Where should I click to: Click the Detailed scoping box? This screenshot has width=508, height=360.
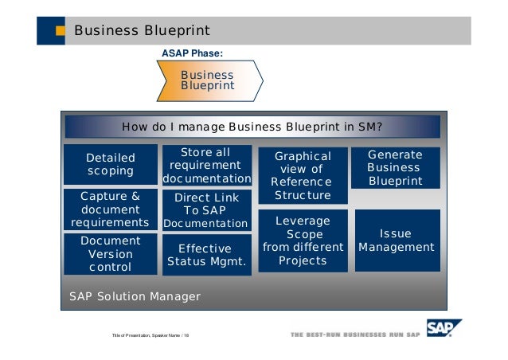tap(111, 164)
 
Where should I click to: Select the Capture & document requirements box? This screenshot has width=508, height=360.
tap(110, 209)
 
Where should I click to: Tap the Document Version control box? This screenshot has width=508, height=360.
tap(111, 253)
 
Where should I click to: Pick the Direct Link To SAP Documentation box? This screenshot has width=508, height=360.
tap(206, 210)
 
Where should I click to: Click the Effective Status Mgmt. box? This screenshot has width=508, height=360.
tap(206, 255)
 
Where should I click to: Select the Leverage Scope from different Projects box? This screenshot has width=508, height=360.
tap(303, 241)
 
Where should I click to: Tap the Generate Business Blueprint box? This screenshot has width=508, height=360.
tap(396, 167)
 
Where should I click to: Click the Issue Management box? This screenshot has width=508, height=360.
tap(397, 241)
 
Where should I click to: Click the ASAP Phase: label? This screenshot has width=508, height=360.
tap(192, 53)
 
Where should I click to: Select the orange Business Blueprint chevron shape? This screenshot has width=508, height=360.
tap(209, 80)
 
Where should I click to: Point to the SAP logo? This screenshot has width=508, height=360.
tap(444, 329)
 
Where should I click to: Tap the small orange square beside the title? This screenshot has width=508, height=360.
tap(61, 32)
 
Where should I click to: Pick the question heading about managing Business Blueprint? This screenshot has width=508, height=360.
tap(252, 127)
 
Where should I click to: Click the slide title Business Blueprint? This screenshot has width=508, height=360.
tap(142, 31)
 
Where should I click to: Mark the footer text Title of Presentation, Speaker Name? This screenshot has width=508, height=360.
tap(150, 335)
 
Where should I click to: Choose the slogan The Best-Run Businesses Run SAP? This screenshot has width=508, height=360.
tap(355, 334)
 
